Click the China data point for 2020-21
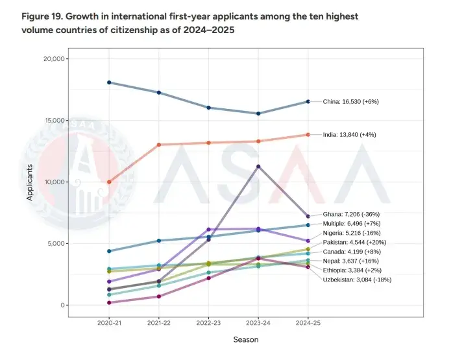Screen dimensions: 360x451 [x=109, y=82]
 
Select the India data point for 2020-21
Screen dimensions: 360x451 [x=109, y=182]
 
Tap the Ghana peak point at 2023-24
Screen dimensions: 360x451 [x=258, y=167]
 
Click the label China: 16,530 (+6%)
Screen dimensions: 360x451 [x=350, y=102]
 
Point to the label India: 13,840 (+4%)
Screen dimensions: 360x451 [x=349, y=135]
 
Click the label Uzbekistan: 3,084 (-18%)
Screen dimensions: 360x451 [x=357, y=280]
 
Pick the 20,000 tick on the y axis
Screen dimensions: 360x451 [x=51, y=59]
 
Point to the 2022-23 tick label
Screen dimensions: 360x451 [x=208, y=322]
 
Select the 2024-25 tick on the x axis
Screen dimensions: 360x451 [x=308, y=322]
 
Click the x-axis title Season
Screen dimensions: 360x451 [x=246, y=339]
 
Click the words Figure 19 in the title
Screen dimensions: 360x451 [x=45, y=15]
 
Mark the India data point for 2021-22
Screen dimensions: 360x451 [x=159, y=145]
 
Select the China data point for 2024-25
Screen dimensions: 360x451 [x=308, y=101]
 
